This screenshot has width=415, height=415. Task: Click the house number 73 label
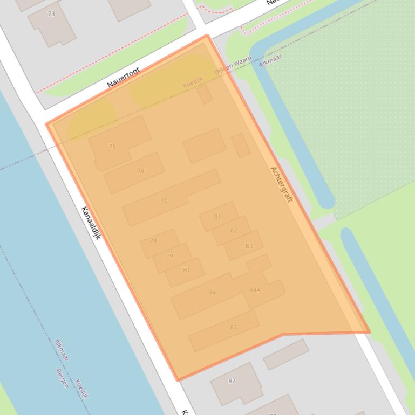(51, 14)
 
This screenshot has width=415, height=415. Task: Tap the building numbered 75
(112, 146)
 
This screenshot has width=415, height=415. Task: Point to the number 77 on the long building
(164, 201)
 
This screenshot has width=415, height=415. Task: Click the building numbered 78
(154, 240)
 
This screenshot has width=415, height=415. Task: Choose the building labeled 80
(186, 270)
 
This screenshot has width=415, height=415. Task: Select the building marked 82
(233, 230)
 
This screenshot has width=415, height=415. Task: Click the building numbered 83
(249, 246)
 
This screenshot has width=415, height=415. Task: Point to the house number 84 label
(213, 292)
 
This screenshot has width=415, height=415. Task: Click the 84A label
(255, 289)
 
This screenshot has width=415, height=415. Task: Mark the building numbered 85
(234, 327)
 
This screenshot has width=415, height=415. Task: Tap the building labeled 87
(232, 381)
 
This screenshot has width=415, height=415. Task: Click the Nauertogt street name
(124, 78)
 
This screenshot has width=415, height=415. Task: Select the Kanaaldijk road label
(91, 223)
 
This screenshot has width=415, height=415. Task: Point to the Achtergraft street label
(281, 184)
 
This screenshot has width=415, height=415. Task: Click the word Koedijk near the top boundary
(193, 82)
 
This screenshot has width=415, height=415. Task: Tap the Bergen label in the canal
(62, 378)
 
